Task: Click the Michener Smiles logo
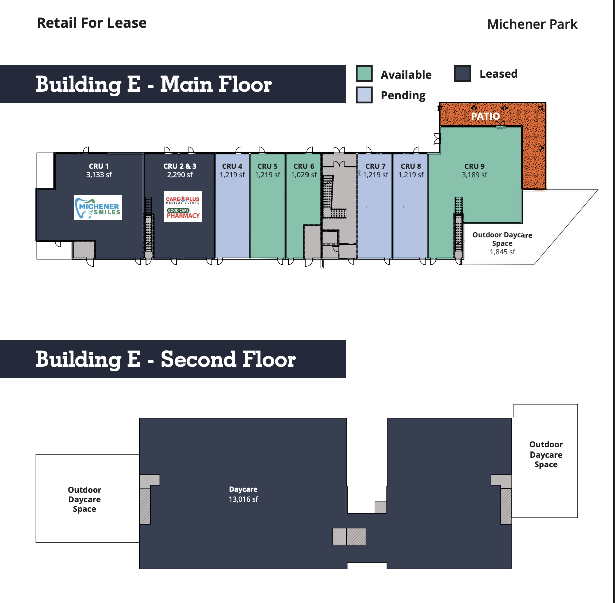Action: (98, 207)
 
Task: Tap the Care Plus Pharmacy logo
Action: (183, 206)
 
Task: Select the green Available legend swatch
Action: (364, 73)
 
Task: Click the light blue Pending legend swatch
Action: (364, 95)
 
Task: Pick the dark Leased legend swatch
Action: (463, 73)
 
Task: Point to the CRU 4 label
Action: (232, 166)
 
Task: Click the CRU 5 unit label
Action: (267, 166)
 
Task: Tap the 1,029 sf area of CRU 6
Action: (304, 175)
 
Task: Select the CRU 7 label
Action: (375, 166)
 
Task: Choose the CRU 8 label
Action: (411, 166)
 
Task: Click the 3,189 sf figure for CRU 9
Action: (474, 175)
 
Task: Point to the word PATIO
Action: (485, 116)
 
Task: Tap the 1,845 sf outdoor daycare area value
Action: (502, 252)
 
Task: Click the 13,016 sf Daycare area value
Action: (243, 499)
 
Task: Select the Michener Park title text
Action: (532, 24)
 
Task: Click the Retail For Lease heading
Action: (92, 23)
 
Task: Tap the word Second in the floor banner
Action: (197, 359)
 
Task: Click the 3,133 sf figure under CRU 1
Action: (99, 175)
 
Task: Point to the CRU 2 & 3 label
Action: (180, 166)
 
